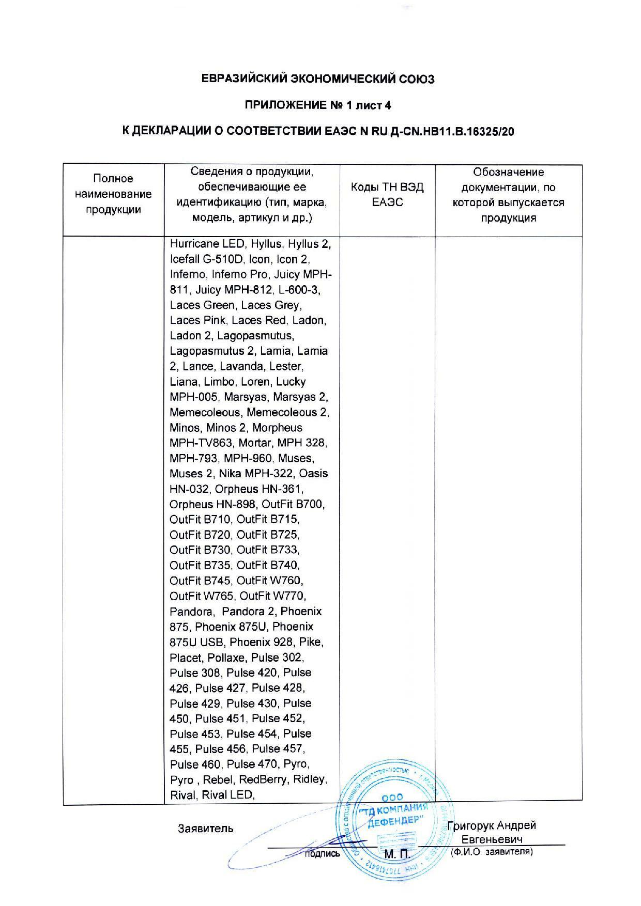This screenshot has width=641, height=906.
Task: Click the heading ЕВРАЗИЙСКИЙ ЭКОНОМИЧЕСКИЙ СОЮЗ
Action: point(317,79)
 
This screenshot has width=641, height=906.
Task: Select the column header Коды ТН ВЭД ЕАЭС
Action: point(387,195)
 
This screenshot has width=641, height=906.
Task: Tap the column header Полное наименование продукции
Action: point(113,194)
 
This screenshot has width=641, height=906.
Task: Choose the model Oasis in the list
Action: point(313,474)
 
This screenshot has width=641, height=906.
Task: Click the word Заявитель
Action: point(205,829)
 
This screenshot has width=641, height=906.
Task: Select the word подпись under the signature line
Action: point(322,854)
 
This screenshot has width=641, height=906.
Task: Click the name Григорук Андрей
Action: point(492,825)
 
